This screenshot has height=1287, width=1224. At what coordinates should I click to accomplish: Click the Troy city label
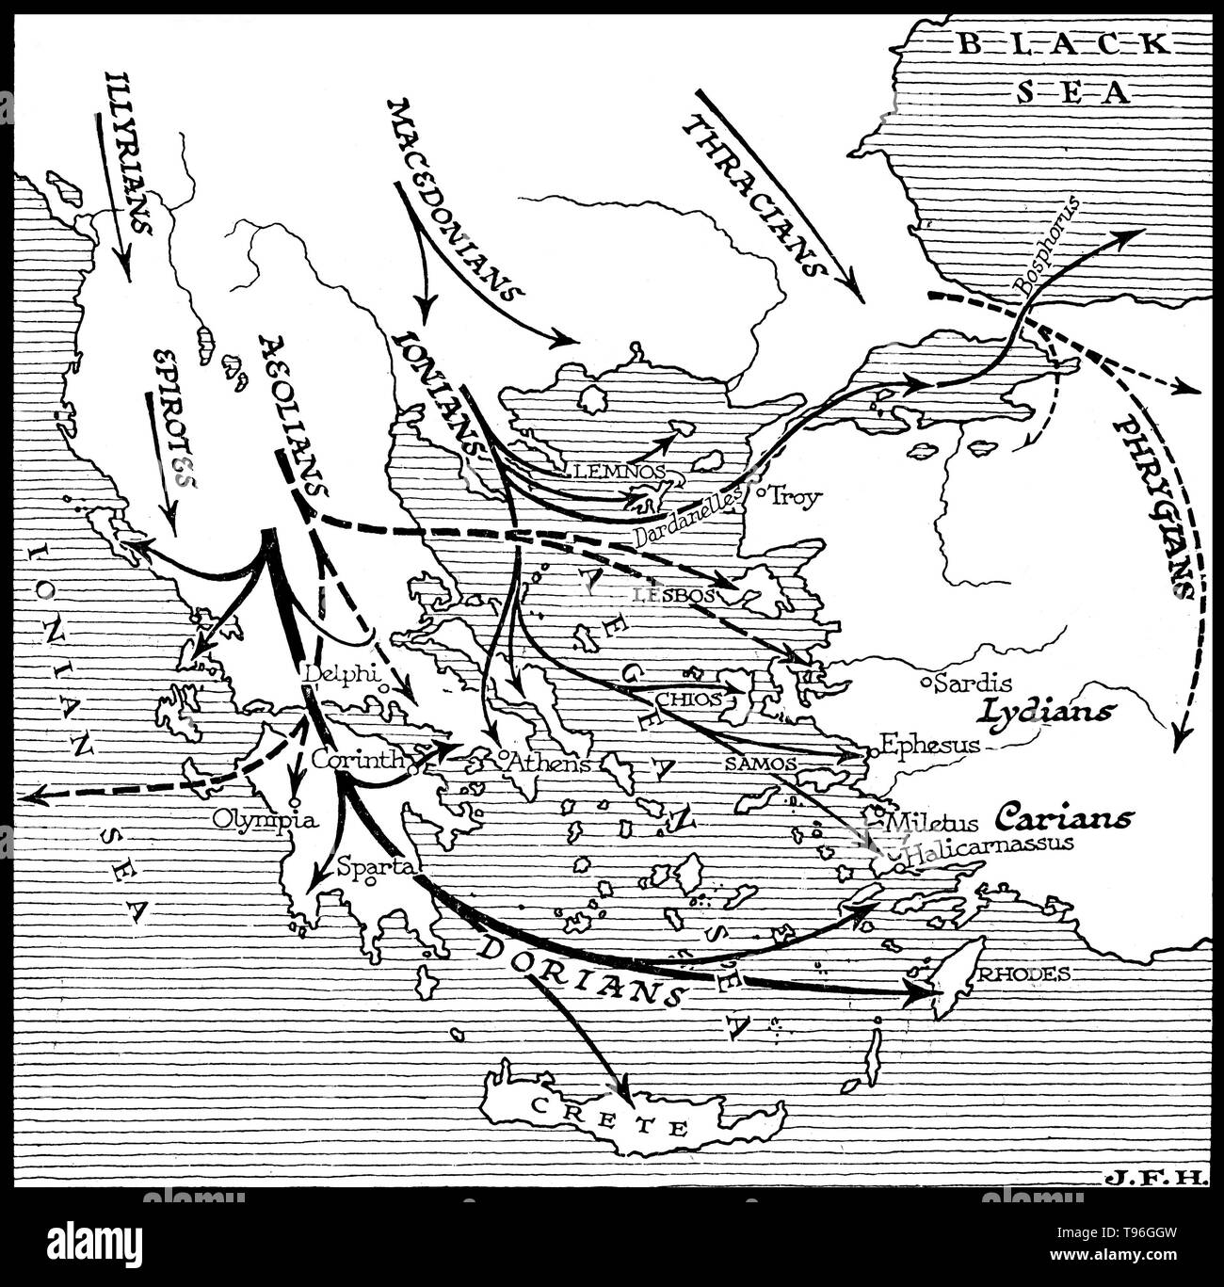click(797, 497)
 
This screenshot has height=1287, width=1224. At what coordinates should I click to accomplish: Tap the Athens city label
click(550, 763)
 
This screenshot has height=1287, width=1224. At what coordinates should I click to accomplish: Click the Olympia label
click(265, 819)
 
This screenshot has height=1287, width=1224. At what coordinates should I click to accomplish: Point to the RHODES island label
click(1023, 974)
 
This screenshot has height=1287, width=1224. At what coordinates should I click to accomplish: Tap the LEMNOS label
click(617, 469)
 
